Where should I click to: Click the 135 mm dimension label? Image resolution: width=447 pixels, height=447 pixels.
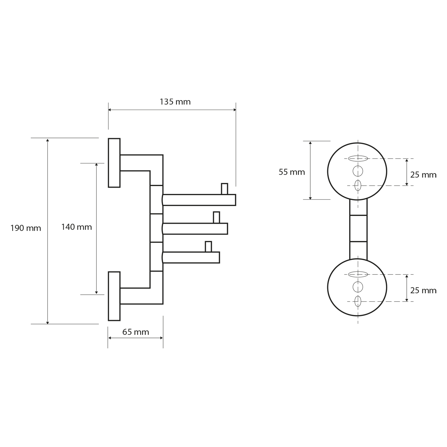click(x=175, y=102)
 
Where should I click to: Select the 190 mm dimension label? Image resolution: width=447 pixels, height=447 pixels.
click(x=26, y=229)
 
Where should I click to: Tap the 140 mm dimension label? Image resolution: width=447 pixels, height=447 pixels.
click(x=77, y=227)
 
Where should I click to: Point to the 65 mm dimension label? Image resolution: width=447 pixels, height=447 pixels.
click(x=136, y=332)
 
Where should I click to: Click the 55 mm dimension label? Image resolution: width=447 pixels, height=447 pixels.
click(x=292, y=172)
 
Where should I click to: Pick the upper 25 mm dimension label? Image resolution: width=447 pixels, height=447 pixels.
click(x=423, y=175)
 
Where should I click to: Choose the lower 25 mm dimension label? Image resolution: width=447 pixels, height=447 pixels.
click(x=423, y=290)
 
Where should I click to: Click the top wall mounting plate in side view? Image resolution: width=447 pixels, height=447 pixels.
click(x=114, y=163)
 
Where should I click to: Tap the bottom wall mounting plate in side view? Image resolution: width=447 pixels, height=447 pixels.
click(x=114, y=296)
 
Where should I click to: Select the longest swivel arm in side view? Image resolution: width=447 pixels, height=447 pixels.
click(x=199, y=200)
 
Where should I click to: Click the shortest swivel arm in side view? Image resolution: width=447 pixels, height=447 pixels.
click(x=191, y=257)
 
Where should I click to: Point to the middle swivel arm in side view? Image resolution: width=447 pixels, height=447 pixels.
click(x=195, y=229)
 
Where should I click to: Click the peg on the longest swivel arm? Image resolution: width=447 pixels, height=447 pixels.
click(x=224, y=189)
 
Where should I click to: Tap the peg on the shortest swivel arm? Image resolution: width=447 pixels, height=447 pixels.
click(x=208, y=246)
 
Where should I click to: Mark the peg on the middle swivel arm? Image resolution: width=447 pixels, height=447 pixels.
click(x=216, y=217)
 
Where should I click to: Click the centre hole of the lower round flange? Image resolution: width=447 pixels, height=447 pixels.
click(x=358, y=287)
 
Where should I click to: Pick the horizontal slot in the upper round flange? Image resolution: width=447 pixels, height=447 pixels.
click(x=358, y=158)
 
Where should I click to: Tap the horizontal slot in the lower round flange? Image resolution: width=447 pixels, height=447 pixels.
click(x=358, y=274)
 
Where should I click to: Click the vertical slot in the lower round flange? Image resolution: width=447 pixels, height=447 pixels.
click(x=358, y=301)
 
